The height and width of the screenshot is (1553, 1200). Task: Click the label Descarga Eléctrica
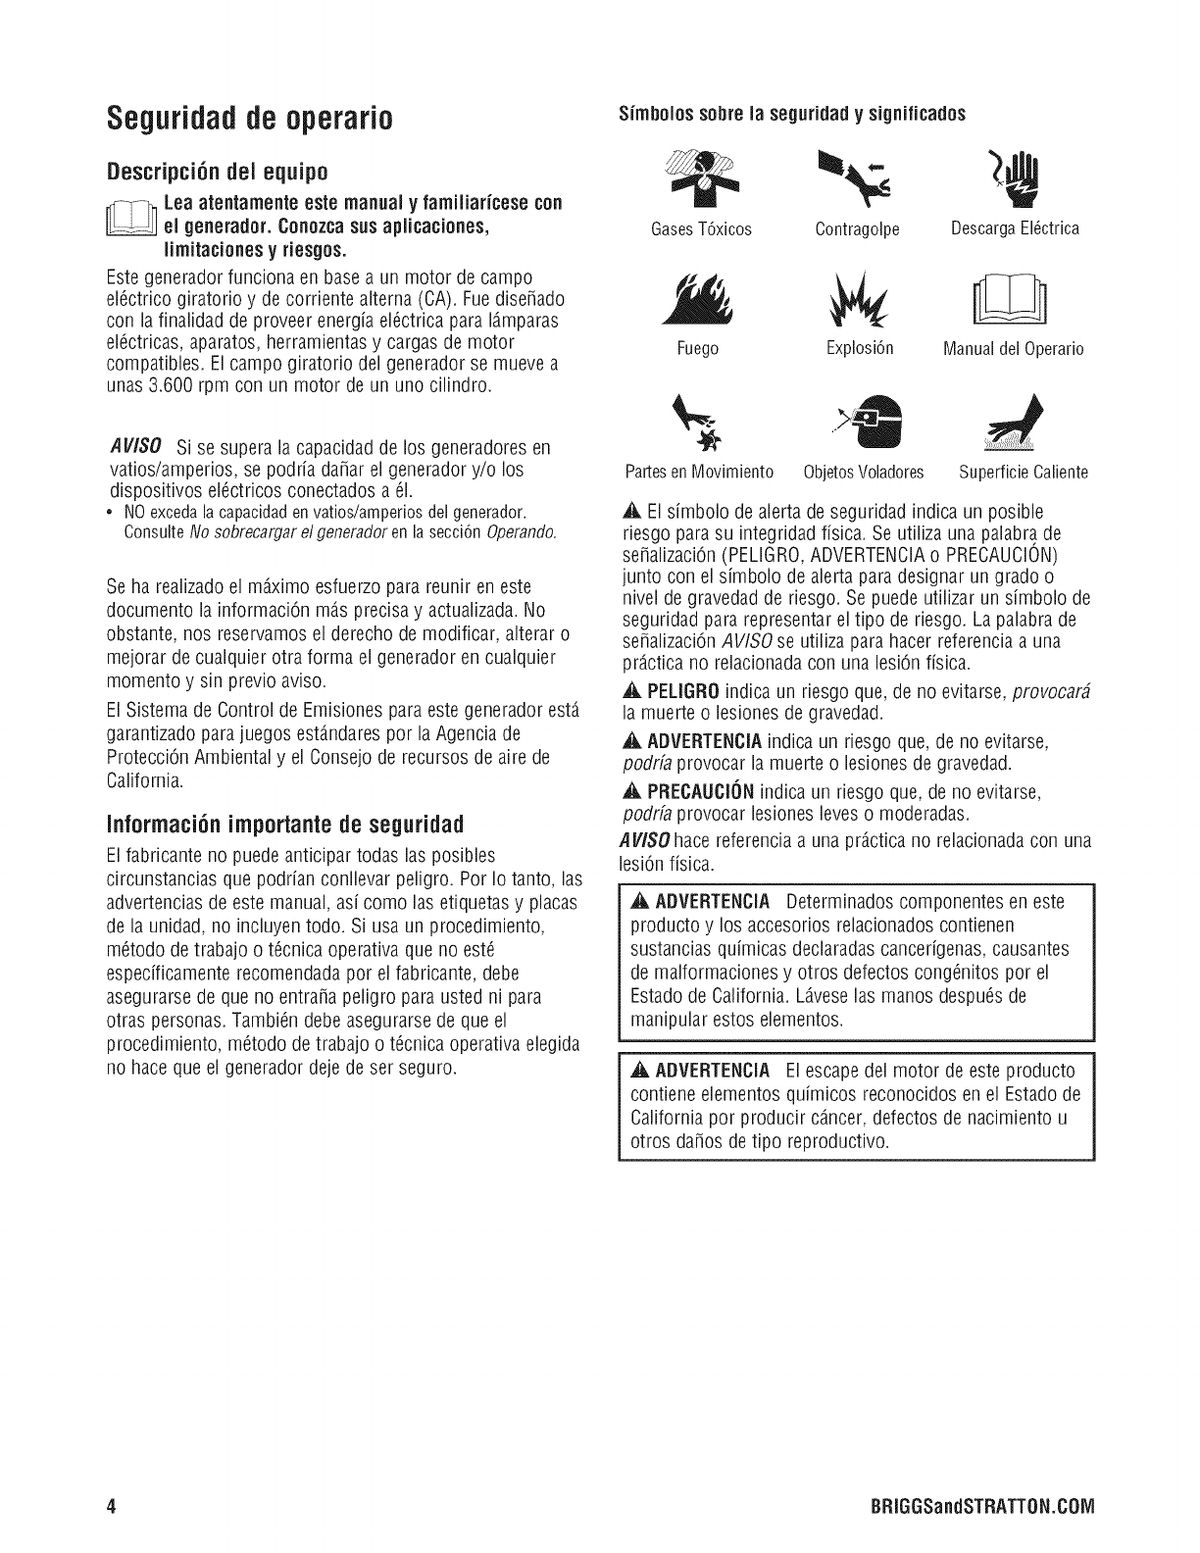click(x=1015, y=229)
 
